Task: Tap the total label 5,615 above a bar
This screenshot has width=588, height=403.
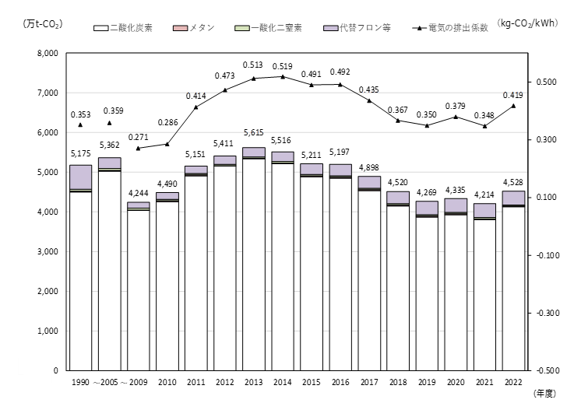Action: click(x=253, y=131)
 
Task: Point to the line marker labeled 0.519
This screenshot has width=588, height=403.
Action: click(x=282, y=76)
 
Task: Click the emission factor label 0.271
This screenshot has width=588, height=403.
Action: click(x=138, y=136)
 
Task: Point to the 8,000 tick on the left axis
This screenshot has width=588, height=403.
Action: click(x=48, y=54)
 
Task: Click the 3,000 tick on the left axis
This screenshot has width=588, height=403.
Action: click(x=48, y=252)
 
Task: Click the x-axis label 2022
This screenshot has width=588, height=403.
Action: click(x=512, y=383)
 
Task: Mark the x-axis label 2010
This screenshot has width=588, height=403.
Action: click(x=167, y=383)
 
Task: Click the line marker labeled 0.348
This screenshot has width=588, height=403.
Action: click(x=484, y=126)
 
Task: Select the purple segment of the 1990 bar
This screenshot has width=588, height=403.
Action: click(x=80, y=177)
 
